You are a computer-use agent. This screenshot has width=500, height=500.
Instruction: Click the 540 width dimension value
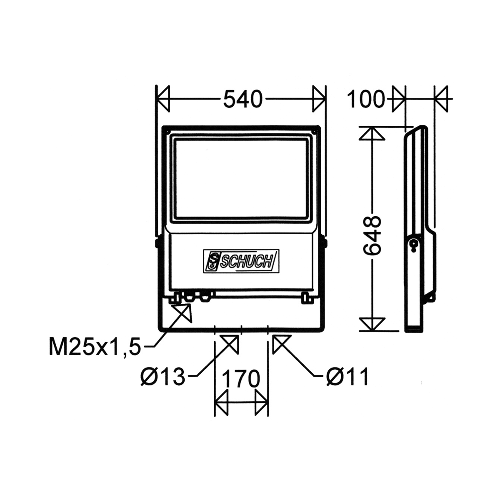point(243,100)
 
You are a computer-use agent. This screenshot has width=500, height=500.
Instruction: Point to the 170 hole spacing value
point(240,380)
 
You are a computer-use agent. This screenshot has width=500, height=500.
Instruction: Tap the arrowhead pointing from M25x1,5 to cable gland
point(183,312)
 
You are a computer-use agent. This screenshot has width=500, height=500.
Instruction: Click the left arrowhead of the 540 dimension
point(163,100)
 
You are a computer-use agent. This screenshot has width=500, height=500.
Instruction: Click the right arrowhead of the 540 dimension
point(319,100)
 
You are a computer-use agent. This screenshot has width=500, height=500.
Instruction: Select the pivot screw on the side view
point(415,244)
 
